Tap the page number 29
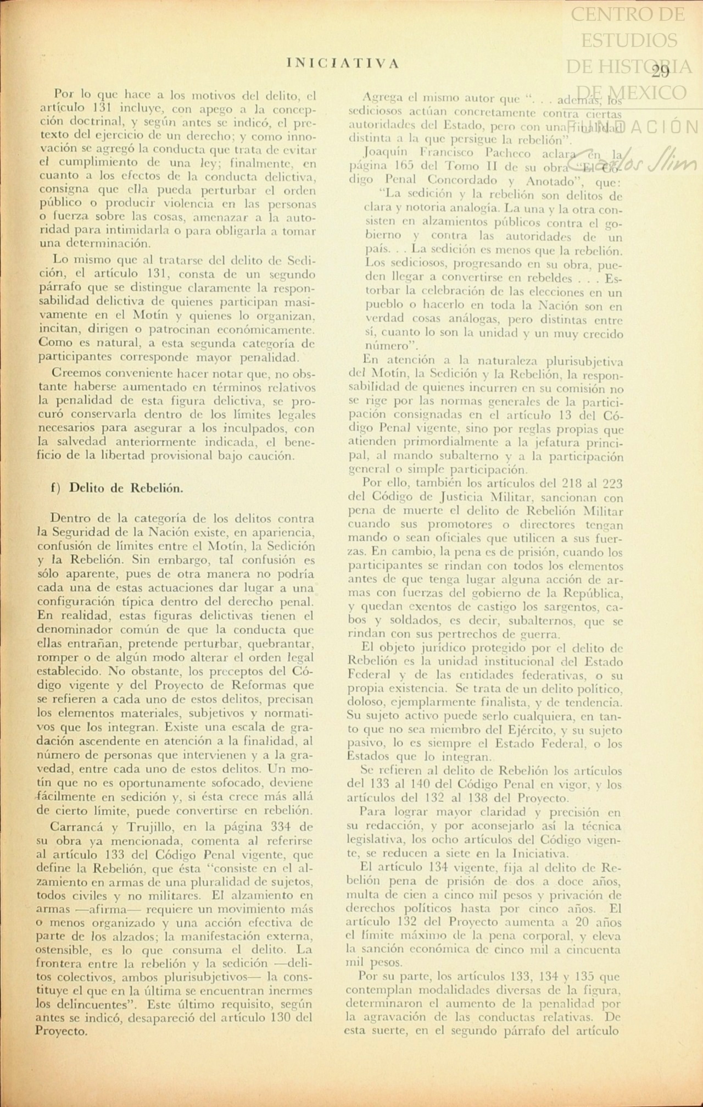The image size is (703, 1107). (660, 71)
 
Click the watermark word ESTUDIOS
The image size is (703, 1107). (629, 40)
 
